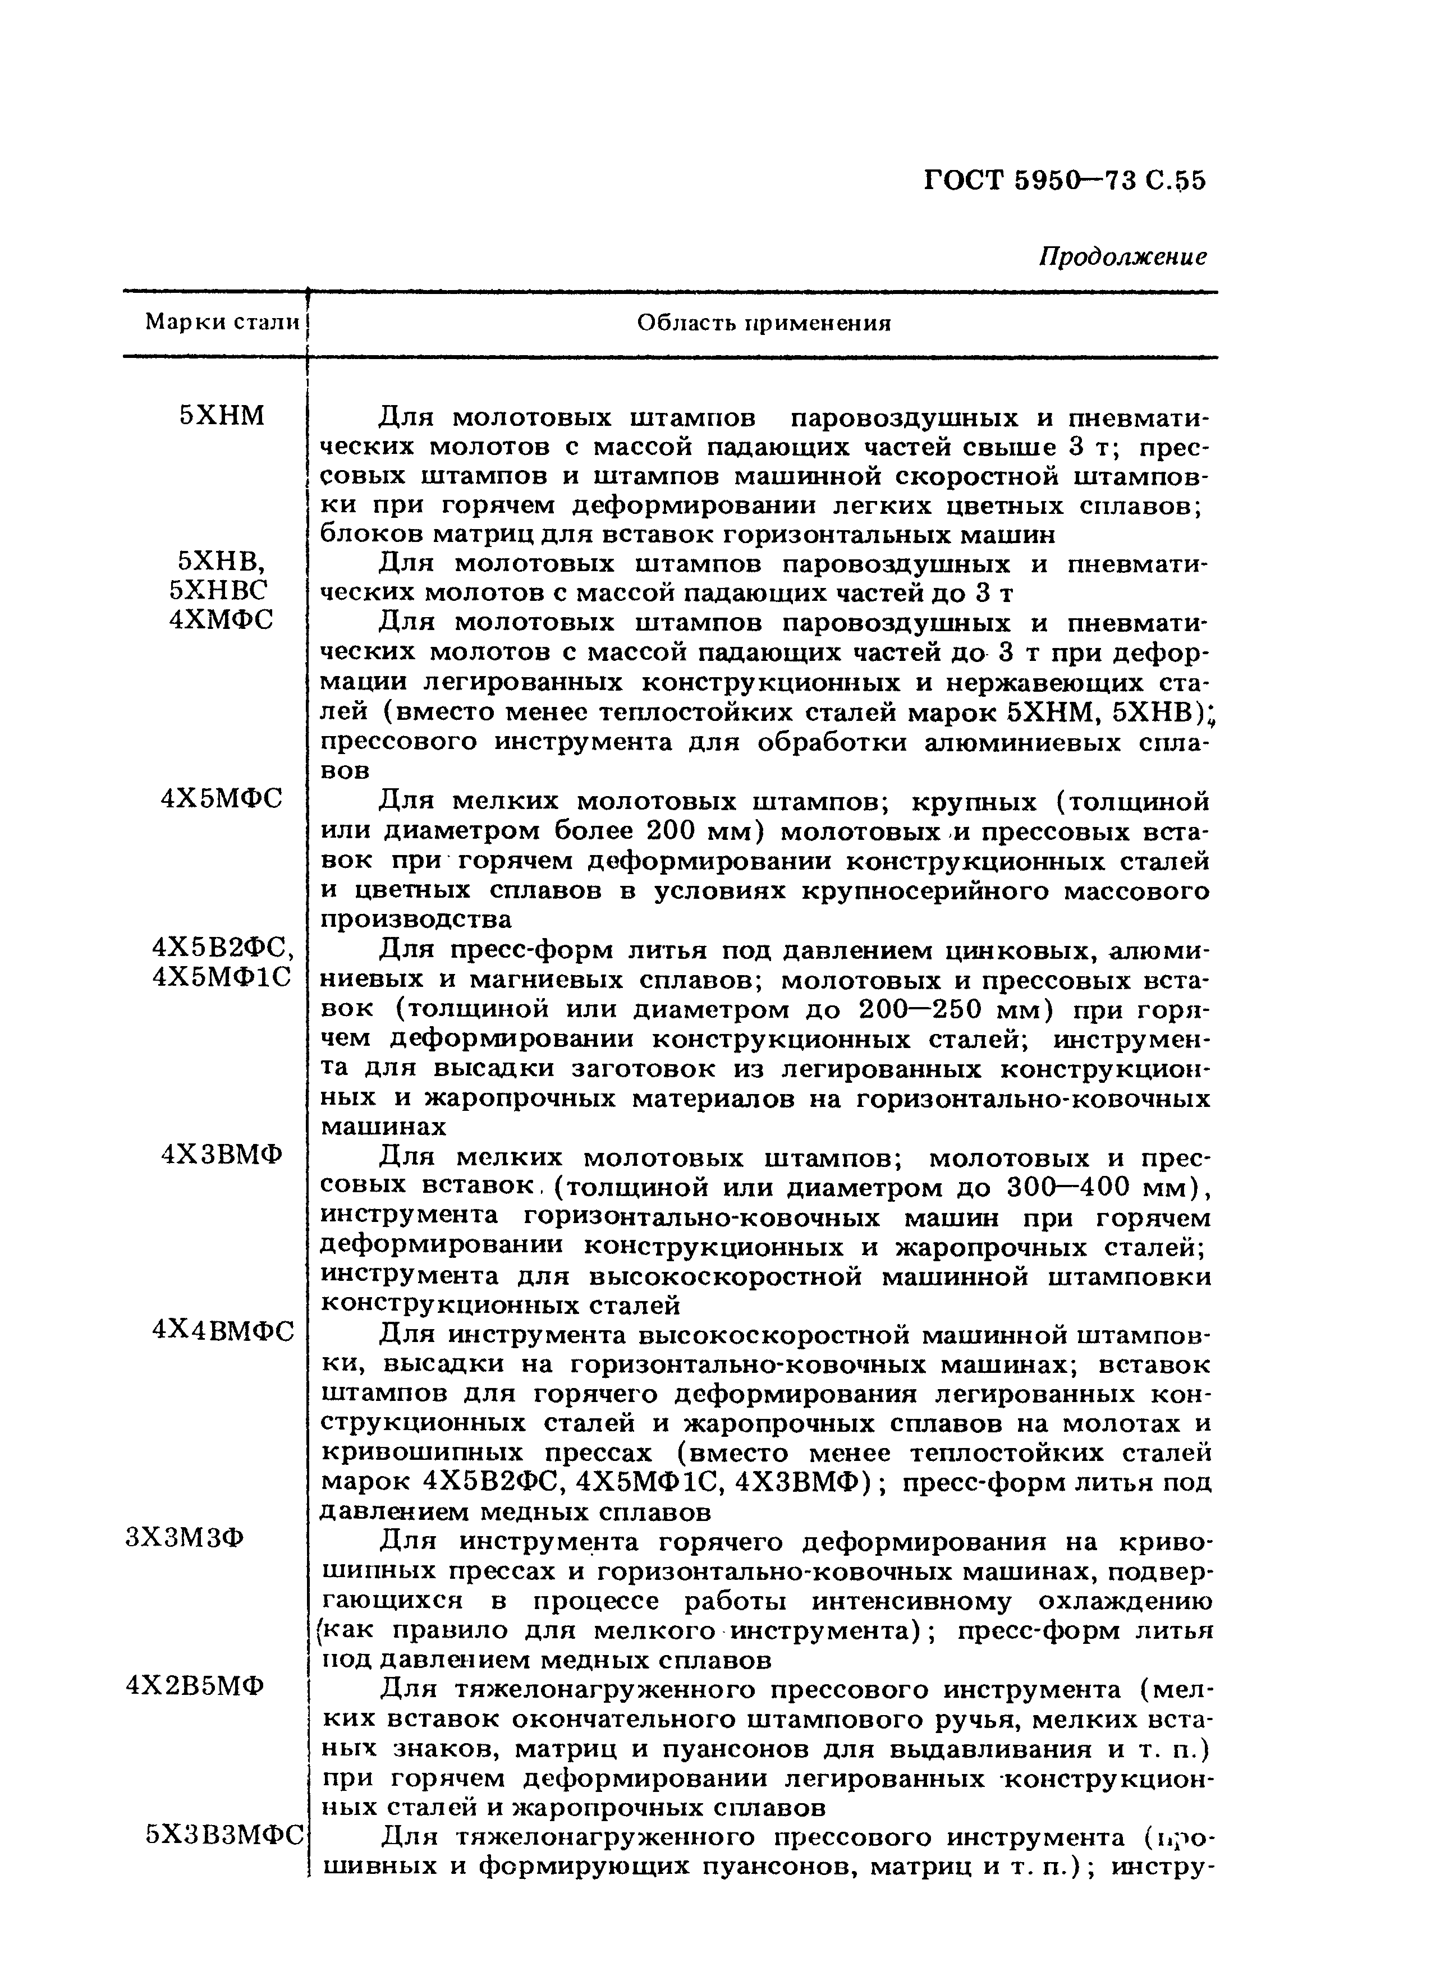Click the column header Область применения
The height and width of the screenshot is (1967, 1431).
coord(763,324)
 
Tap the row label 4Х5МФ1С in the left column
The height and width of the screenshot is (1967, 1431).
coord(222,977)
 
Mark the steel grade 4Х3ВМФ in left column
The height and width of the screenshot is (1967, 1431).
coord(222,1155)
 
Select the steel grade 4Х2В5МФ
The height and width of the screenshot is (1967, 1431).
coord(195,1685)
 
